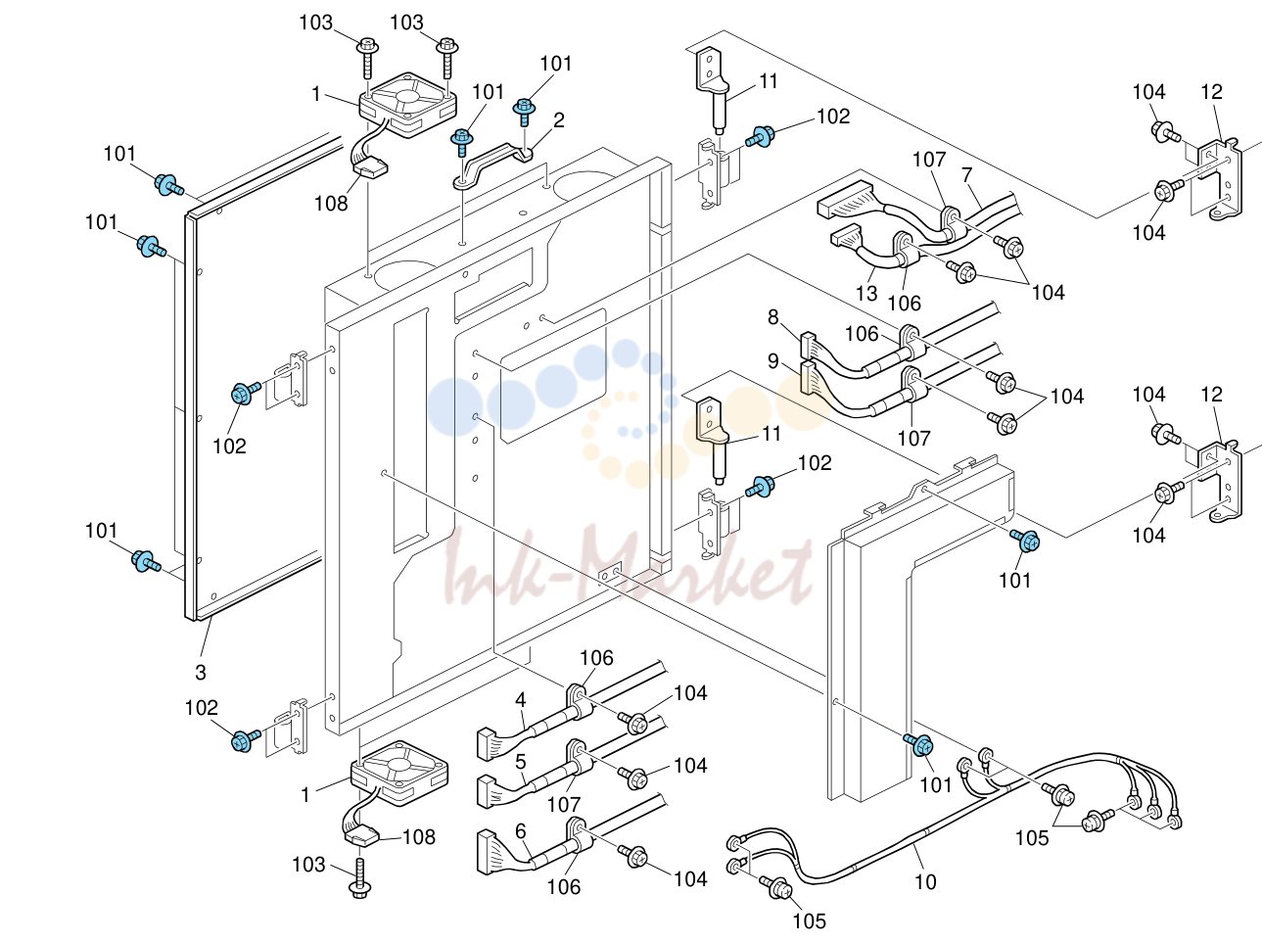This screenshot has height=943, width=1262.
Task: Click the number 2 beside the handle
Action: [x=558, y=120]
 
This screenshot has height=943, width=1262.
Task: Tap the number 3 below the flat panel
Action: [x=200, y=672]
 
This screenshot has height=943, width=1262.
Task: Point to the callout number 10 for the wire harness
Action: [x=925, y=881]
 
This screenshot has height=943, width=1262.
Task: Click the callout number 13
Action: [x=865, y=293]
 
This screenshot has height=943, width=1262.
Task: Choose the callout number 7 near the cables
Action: [x=966, y=173]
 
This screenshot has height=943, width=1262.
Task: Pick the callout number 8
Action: [x=773, y=317]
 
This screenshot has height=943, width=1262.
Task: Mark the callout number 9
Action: [x=773, y=360]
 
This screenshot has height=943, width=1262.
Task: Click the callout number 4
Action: [x=520, y=700]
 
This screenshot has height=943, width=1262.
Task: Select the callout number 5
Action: [x=520, y=762]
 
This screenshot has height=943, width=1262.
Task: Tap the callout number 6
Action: [x=520, y=830]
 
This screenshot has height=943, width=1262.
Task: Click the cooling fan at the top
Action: [x=407, y=105]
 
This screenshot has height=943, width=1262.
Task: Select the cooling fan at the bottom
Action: [x=399, y=773]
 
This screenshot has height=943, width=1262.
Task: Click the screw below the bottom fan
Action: [x=360, y=878]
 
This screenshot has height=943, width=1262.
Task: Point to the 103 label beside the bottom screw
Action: [x=308, y=865]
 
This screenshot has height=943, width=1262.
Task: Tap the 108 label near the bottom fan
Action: [x=419, y=836]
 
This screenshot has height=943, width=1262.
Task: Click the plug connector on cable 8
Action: [x=808, y=345]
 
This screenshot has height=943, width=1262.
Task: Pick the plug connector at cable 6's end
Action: [x=487, y=852]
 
